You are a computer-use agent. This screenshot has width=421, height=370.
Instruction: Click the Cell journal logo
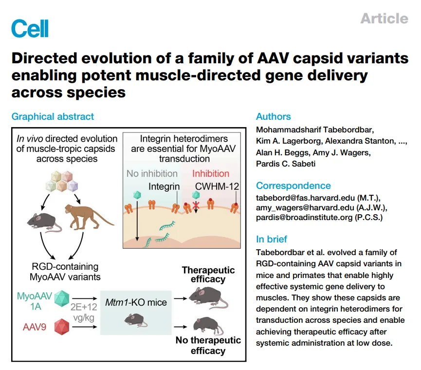pyautogui.click(x=30, y=29)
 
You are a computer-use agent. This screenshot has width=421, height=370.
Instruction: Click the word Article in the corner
pyautogui.click(x=384, y=18)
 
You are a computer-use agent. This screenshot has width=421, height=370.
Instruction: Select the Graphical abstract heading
pyautogui.click(x=53, y=117)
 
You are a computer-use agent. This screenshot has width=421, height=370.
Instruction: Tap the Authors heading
pyautogui.click(x=273, y=117)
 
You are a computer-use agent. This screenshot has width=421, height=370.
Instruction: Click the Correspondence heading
pyautogui.click(x=293, y=186)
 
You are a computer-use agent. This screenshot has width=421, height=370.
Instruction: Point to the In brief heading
pyautogui.click(x=272, y=240)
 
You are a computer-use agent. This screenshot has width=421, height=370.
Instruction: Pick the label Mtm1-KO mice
pyautogui.click(x=136, y=303)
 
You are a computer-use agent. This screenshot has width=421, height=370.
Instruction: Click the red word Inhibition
pyautogui.click(x=211, y=173)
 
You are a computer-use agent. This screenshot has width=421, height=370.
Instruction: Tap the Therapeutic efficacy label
pyautogui.click(x=208, y=275)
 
